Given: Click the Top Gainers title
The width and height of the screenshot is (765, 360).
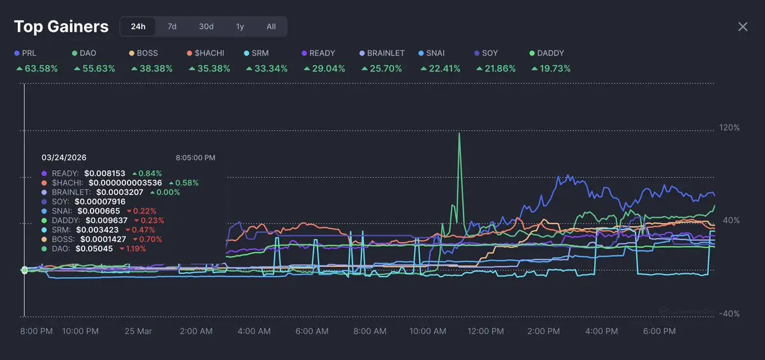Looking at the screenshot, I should pyautogui.click(x=61, y=27).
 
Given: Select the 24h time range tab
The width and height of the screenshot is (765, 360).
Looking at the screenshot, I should pyautogui.click(x=138, y=27).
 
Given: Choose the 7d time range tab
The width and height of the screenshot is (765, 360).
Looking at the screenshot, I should pyautogui.click(x=172, y=27).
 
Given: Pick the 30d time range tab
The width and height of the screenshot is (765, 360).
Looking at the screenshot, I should pyautogui.click(x=206, y=27).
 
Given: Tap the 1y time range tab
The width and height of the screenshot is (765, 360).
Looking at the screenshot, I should pyautogui.click(x=240, y=27).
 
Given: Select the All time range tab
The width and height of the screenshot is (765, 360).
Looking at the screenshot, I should pyautogui.click(x=271, y=27).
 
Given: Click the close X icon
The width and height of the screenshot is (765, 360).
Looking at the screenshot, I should pyautogui.click(x=743, y=27).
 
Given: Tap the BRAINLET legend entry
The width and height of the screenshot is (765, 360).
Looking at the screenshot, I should pyautogui.click(x=386, y=53).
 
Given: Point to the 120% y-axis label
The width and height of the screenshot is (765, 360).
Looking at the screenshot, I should pyautogui.click(x=729, y=127).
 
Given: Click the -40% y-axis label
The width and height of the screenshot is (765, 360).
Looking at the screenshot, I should pyautogui.click(x=729, y=313).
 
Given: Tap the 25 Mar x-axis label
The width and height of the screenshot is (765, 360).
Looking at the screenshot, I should pyautogui.click(x=139, y=331).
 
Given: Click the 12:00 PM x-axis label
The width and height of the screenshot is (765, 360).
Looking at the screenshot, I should pyautogui.click(x=486, y=331).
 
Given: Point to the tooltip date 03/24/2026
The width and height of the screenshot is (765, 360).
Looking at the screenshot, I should pyautogui.click(x=64, y=157).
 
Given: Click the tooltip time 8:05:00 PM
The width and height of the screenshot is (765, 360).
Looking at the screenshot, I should pyautogui.click(x=196, y=157).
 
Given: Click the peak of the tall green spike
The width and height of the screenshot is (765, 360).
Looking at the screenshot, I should pyautogui.click(x=459, y=133).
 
